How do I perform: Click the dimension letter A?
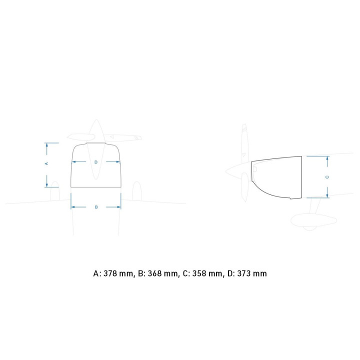tap(46, 163)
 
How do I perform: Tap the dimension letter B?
tap(96, 207)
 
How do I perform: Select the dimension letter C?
tap(327, 177)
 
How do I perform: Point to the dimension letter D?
tap(96, 162)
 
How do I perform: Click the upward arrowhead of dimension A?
tap(47, 145)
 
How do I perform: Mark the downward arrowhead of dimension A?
tap(47, 185)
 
